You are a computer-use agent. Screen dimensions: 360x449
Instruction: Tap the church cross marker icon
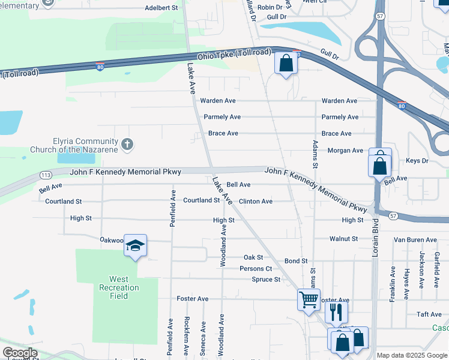[127, 144]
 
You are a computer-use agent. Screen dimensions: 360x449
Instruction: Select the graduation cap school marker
[136, 245]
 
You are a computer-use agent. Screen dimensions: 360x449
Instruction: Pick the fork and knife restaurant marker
[336, 312]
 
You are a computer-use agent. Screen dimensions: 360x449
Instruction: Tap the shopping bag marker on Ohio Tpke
[286, 62]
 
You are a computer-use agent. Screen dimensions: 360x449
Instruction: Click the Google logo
[20, 353]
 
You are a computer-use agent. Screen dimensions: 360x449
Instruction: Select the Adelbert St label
[161, 9]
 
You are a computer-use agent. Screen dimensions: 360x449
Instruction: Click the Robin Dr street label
[269, 7]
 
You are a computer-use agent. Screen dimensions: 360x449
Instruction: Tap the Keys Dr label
[417, 161]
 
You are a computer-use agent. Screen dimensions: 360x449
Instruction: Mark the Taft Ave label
[429, 314]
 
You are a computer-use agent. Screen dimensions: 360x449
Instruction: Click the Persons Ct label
[256, 269]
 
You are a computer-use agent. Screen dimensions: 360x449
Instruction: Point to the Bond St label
[296, 261]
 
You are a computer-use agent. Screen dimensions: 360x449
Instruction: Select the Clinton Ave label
[256, 202]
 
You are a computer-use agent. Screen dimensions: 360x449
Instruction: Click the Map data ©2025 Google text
[411, 355]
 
